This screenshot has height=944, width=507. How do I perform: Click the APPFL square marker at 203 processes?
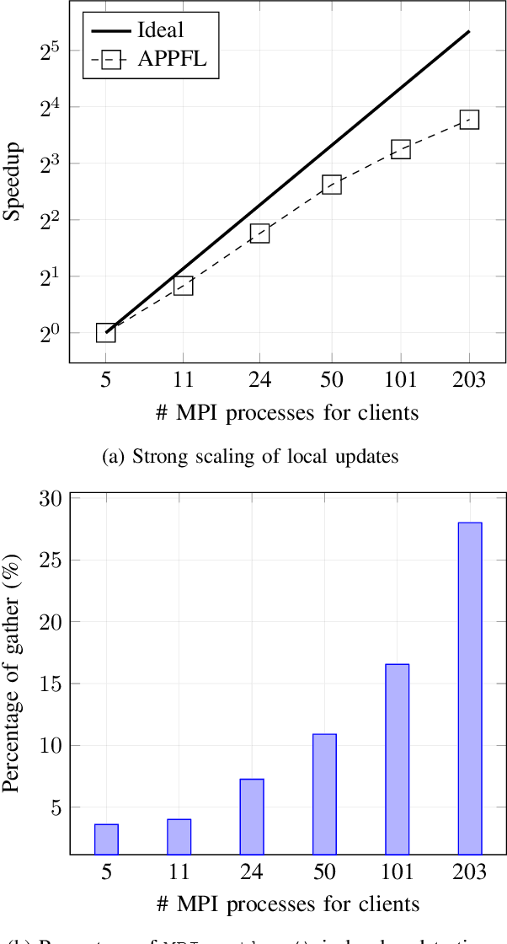[x=469, y=120]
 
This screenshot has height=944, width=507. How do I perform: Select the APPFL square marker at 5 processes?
[x=105, y=332]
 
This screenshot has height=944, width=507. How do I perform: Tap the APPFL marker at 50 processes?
[x=331, y=185]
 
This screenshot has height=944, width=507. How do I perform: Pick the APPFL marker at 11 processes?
[x=183, y=286]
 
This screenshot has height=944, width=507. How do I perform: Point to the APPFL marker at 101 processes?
[x=400, y=150]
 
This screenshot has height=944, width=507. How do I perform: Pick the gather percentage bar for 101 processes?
[x=397, y=759]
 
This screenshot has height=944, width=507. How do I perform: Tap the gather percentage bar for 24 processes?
[x=252, y=817]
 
